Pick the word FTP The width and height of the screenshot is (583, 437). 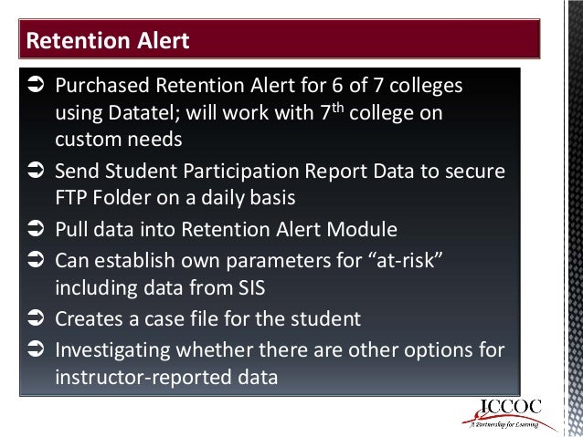70,197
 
